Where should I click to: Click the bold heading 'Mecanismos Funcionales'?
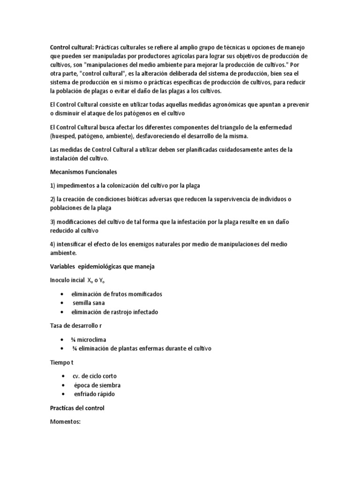pos(83,172)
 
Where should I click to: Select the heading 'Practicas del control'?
pos(77,408)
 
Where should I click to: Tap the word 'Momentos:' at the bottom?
pos(66,421)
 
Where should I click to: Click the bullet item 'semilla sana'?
pos(89,303)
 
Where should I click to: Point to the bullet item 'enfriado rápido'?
pos(94,394)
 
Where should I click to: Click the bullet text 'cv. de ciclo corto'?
pos(95,376)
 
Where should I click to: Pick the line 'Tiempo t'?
pos(62,362)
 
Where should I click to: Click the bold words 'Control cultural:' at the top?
pos(72,47)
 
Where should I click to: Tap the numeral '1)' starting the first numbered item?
pos(52,185)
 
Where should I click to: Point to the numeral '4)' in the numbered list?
pos(52,244)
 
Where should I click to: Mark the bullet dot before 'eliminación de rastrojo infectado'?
pos(63,312)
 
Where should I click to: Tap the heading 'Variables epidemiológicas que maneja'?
pos(102,267)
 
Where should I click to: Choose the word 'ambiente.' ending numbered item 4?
pos(63,253)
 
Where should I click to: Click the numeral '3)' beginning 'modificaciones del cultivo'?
pos(52,221)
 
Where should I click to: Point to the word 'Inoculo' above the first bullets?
pos(61,280)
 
